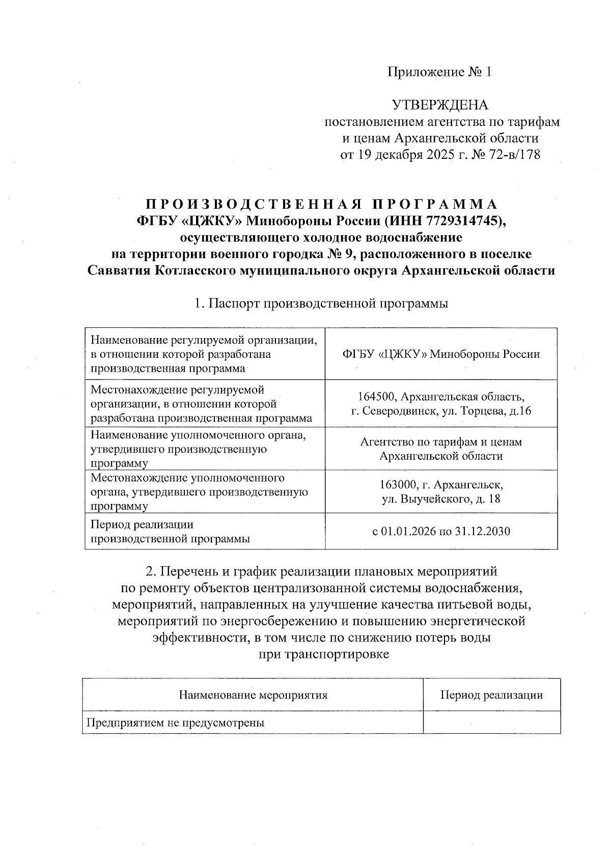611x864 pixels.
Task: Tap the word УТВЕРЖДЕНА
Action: click(x=439, y=105)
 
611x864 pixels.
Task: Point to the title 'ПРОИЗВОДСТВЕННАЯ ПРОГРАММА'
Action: click(x=321, y=205)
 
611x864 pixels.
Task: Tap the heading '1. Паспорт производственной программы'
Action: click(x=321, y=303)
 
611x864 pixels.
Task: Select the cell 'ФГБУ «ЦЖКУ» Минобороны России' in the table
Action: click(x=441, y=354)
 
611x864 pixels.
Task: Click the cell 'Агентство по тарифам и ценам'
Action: click(x=441, y=442)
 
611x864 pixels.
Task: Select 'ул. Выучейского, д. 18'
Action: click(x=441, y=498)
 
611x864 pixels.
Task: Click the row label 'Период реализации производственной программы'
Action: click(x=170, y=532)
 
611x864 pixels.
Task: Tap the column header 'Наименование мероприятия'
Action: click(x=253, y=695)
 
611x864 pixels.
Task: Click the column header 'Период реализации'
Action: click(x=491, y=695)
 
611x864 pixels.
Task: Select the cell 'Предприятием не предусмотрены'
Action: click(x=175, y=722)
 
